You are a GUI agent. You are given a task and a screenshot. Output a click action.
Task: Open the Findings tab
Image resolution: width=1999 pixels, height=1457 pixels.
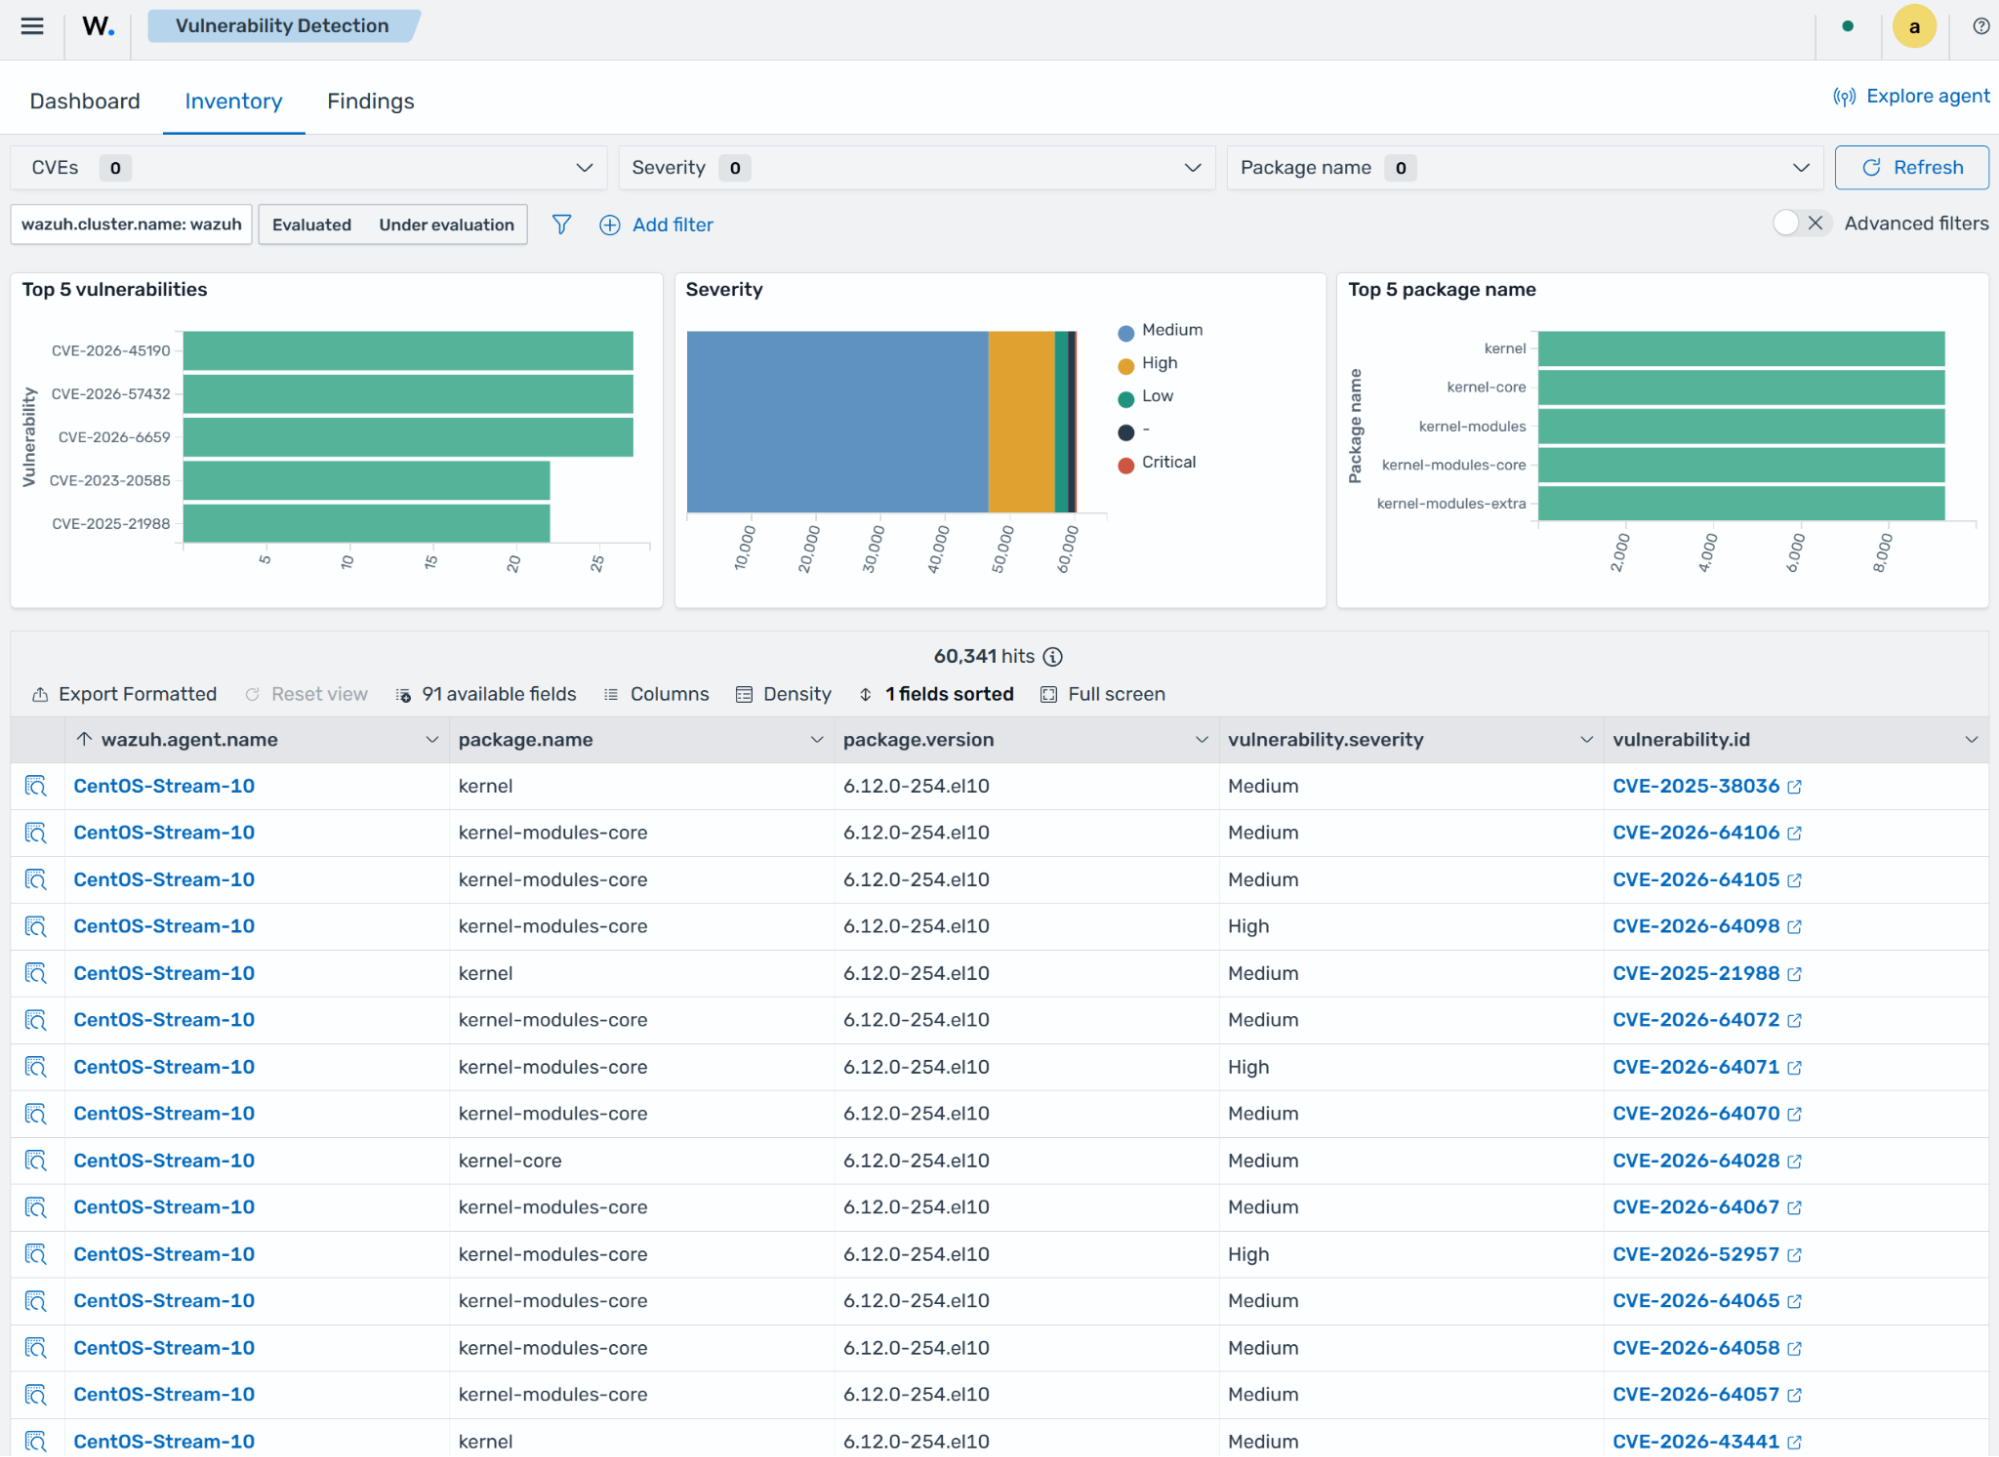(370, 101)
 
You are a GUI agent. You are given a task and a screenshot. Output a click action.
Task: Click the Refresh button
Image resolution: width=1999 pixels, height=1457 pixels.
(1911, 168)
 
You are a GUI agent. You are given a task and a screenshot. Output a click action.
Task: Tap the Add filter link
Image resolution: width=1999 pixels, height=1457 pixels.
(656, 225)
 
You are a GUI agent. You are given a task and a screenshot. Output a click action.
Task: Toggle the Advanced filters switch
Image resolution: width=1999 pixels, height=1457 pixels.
(1801, 223)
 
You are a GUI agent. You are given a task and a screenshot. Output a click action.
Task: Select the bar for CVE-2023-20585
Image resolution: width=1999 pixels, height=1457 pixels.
(366, 480)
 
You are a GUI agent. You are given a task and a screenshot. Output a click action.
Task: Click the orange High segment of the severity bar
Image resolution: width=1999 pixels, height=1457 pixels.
(1021, 422)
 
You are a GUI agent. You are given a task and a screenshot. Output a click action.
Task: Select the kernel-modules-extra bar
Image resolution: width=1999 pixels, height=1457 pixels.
(1741, 503)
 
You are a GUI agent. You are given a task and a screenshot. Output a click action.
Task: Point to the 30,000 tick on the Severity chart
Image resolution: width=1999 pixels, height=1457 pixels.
(873, 548)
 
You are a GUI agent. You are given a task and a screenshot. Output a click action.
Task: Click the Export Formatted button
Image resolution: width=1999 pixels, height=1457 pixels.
(124, 694)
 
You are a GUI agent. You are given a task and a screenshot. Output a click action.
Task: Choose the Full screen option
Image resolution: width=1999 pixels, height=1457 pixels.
(1103, 694)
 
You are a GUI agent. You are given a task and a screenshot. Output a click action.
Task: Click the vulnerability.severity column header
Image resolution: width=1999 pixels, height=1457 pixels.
(1325, 740)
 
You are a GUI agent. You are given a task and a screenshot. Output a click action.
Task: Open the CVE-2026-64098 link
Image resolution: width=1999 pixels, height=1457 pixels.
(1696, 926)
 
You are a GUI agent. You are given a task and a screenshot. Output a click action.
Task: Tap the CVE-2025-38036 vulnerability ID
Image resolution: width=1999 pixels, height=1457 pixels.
(1696, 786)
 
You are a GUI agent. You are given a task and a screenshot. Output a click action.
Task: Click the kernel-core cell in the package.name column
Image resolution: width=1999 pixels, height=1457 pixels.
(510, 1161)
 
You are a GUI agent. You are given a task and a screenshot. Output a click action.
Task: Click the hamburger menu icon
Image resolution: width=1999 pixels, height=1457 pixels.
(32, 26)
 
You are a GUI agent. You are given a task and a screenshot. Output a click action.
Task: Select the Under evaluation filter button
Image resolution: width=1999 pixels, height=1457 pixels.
(446, 225)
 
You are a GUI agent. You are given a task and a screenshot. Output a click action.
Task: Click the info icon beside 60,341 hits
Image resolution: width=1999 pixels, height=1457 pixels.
(1052, 657)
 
